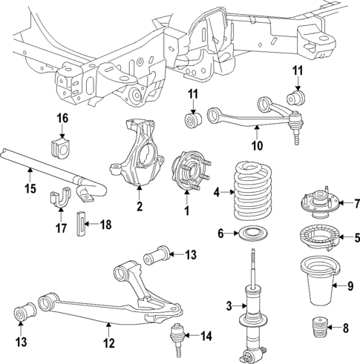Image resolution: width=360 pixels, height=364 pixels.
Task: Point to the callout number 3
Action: tap(229, 305)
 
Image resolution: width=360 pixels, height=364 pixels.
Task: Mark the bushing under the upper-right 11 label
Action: tap(299, 96)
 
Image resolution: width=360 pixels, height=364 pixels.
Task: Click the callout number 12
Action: tap(109, 343)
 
